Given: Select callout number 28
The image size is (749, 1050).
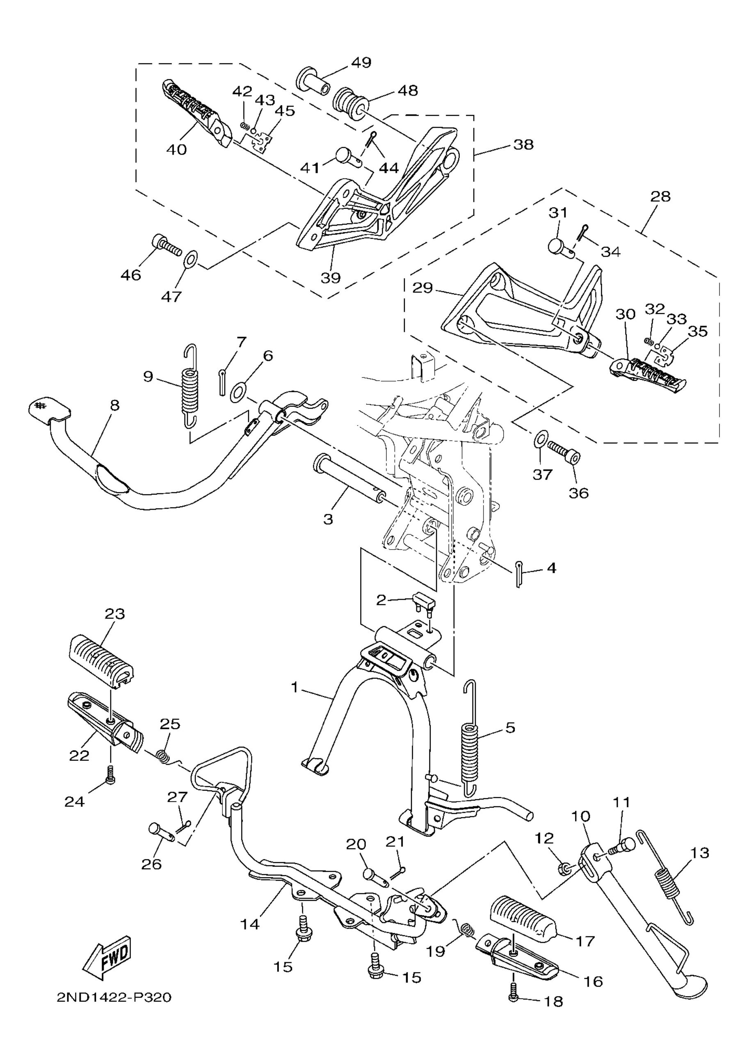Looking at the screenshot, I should pyautogui.click(x=660, y=196).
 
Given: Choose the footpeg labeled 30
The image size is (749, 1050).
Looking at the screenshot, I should pyautogui.click(x=649, y=377).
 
